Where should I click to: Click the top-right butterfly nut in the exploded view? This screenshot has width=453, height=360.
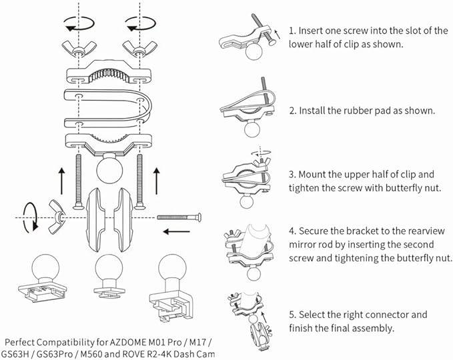point(140,49)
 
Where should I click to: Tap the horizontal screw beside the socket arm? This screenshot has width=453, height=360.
point(179,217)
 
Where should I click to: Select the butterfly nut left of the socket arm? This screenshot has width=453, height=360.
point(57,217)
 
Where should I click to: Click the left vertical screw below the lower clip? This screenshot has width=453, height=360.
point(78,181)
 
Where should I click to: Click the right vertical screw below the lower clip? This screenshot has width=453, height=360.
point(140,181)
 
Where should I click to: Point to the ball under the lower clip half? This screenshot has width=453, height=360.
point(109,169)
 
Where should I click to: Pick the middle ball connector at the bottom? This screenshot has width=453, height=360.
point(109,277)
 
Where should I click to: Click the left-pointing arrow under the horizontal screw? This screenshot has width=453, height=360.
point(177,231)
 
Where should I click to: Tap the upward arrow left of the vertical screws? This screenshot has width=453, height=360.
point(61,181)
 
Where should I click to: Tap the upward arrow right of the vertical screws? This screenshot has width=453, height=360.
point(157,181)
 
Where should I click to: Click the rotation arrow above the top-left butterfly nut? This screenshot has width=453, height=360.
point(79,23)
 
